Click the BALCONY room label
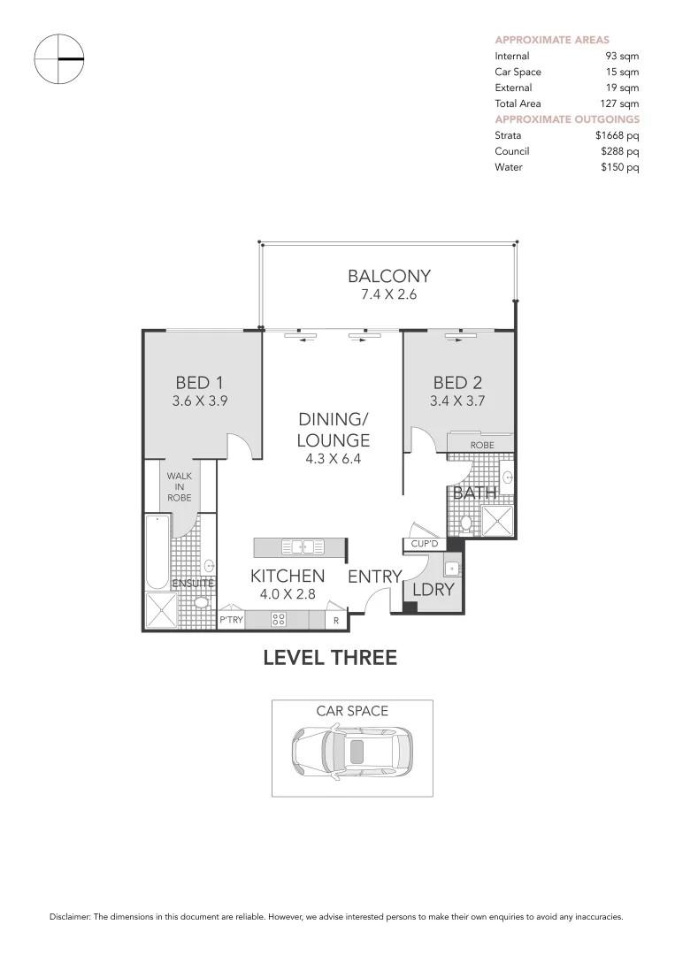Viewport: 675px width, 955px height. click(x=388, y=276)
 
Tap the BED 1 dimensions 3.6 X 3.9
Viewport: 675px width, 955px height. click(x=199, y=401)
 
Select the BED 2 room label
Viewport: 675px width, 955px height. click(x=457, y=383)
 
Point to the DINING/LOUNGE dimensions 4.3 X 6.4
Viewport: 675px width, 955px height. click(x=333, y=458)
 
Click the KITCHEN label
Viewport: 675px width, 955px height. click(x=288, y=576)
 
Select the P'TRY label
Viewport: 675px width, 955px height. click(x=231, y=621)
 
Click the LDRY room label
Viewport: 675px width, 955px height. click(x=433, y=588)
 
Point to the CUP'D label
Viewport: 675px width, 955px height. click(x=426, y=544)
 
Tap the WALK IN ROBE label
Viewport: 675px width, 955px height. click(x=180, y=485)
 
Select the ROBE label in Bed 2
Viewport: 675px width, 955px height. click(x=481, y=445)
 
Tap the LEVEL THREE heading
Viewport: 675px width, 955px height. click(x=330, y=658)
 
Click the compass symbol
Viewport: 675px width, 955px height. click(x=58, y=58)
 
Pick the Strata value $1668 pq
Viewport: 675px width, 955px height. click(x=617, y=135)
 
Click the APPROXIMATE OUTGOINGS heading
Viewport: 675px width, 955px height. click(x=566, y=119)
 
